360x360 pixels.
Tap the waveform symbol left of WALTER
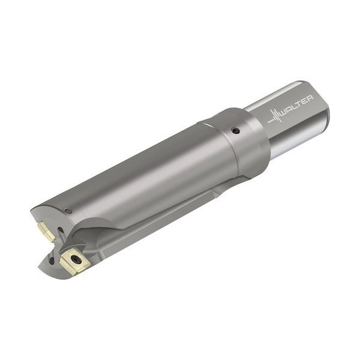pyautogui.click(x=274, y=116)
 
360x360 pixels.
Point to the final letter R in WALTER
pyautogui.click(x=310, y=98)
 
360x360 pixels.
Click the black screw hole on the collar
pyautogui.click(x=236, y=131)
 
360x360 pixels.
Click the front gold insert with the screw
pyautogui.click(x=74, y=261)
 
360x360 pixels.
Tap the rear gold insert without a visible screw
pyautogui.click(x=47, y=231)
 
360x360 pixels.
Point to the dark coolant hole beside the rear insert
pyautogui.click(x=60, y=230)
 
